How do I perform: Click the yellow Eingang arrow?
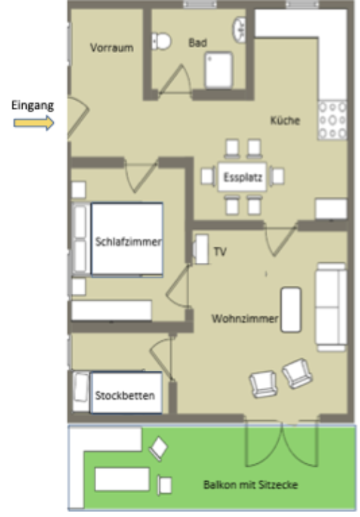34,123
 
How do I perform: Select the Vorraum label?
112,48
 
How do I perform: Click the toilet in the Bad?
162,41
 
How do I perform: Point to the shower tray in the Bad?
220,69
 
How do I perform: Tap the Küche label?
285,120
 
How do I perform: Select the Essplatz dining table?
242,177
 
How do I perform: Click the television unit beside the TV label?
202,249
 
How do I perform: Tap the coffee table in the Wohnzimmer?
291,309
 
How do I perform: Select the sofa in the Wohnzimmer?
330,305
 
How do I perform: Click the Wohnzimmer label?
244,319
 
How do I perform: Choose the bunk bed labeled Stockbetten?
125,394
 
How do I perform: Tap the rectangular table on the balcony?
121,480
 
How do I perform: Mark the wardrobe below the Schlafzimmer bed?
112,310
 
